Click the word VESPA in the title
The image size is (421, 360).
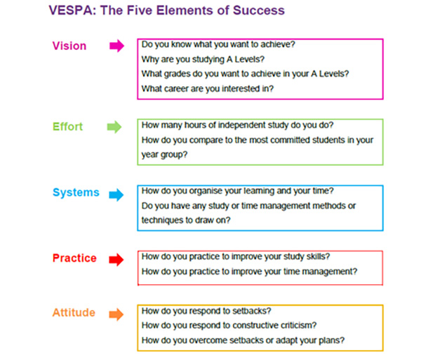click(x=72, y=11)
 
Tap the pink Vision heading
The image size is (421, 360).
click(x=69, y=46)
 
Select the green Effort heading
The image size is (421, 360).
click(x=67, y=127)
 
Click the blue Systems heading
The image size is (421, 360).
click(x=76, y=193)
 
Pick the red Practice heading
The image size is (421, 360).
click(x=74, y=258)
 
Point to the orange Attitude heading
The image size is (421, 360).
click(x=74, y=312)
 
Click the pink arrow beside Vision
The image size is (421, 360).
click(x=116, y=46)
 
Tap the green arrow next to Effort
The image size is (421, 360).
click(x=114, y=127)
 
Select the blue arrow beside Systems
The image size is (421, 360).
click(x=116, y=194)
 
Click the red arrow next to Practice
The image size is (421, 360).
click(x=116, y=260)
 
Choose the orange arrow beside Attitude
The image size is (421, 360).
click(x=116, y=314)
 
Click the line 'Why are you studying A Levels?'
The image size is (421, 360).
click(x=203, y=60)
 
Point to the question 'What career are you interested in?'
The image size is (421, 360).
click(x=208, y=88)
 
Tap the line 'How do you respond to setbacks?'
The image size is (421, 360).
click(x=206, y=311)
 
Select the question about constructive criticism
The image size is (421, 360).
click(x=229, y=326)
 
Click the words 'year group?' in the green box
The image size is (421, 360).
click(x=164, y=155)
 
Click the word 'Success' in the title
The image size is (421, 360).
click(x=258, y=11)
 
